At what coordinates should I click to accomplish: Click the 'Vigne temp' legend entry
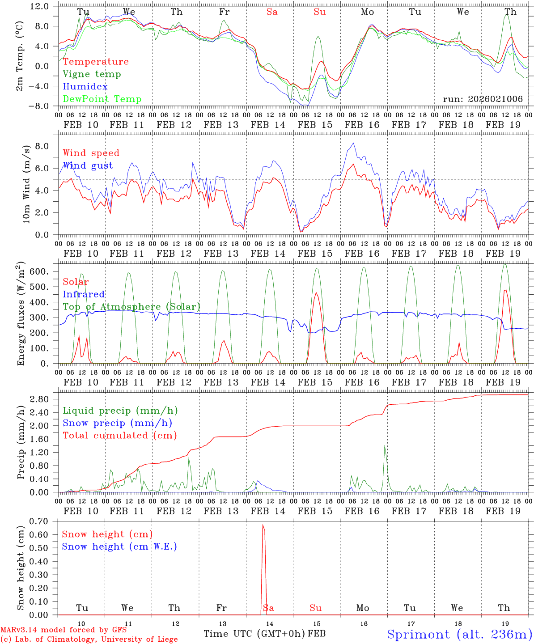point(92,74)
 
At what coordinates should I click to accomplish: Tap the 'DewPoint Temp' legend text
point(102,99)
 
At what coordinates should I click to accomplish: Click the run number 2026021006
point(483,99)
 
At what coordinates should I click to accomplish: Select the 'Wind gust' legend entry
point(88,165)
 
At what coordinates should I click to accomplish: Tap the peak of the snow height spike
point(263,525)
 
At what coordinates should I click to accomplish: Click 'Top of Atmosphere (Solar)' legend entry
point(131,307)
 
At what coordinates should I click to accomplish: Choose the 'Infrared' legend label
point(84,294)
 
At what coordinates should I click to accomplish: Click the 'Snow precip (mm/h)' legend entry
point(117,423)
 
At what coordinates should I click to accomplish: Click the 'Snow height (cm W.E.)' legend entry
point(119,547)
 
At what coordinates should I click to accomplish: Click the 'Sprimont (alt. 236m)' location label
point(459,634)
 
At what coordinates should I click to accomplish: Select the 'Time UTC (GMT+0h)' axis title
point(254,634)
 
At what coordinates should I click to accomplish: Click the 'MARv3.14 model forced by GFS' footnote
point(64,630)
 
